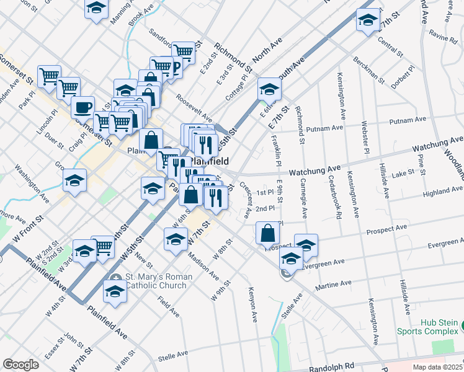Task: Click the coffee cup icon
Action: pyautogui.click(x=82, y=108)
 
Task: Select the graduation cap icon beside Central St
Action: pyautogui.click(x=368, y=21)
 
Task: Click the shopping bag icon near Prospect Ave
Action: pyautogui.click(x=267, y=234)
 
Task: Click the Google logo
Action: pyautogui.click(x=20, y=364)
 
